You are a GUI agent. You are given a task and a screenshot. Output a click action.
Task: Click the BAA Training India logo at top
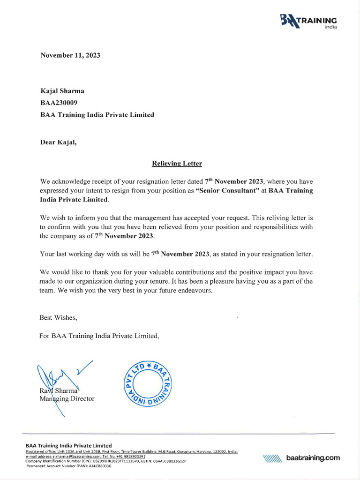[308, 22]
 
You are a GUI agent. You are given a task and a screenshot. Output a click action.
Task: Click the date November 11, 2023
[70, 55]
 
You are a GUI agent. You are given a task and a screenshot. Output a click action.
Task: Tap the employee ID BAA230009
[59, 103]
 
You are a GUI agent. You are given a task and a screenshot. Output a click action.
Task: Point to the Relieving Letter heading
[177, 164]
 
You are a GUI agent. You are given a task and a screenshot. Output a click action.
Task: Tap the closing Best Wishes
[58, 317]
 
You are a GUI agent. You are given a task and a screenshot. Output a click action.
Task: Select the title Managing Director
[67, 399]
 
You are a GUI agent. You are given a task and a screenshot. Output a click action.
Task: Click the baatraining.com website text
[313, 458]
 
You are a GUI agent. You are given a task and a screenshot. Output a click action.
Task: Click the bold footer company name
[68, 445]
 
